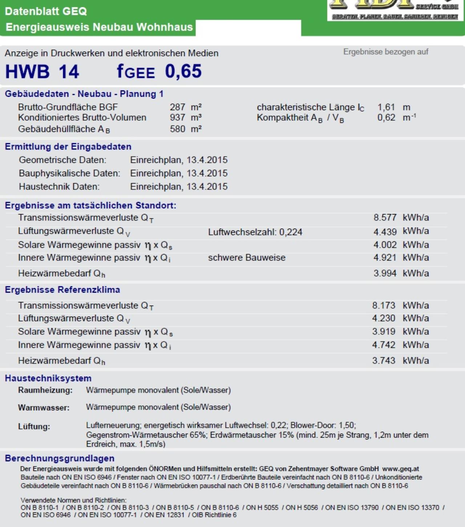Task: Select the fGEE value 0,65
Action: click(183, 71)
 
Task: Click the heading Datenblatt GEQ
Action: click(46, 11)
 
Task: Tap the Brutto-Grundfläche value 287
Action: click(177, 107)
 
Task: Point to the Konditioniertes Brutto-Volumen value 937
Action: click(177, 118)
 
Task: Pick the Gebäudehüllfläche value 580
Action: click(177, 129)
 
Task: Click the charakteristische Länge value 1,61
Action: click(386, 107)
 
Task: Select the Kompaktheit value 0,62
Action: click(386, 118)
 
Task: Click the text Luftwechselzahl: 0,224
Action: click(255, 232)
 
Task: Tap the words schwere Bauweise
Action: click(247, 258)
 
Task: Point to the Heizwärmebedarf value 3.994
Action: click(385, 273)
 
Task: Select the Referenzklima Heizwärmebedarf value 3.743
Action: click(384, 361)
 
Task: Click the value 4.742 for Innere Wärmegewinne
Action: click(384, 345)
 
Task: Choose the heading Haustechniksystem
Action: click(48, 378)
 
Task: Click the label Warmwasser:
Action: click(44, 408)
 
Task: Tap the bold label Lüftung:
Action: click(34, 427)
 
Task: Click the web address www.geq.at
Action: click(400, 469)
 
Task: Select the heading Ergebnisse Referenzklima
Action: click(62, 290)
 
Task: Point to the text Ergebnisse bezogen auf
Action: click(386, 52)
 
